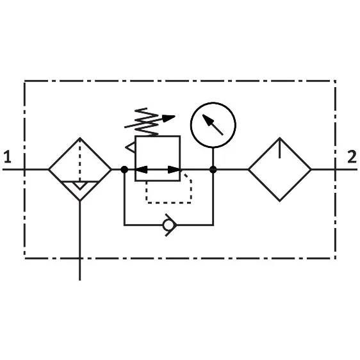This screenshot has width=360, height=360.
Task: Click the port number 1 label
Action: point(8,156)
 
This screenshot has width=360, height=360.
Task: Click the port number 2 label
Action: point(352,156)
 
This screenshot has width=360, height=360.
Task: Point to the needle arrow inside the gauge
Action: point(213,125)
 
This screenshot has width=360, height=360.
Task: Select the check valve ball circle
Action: point(168,225)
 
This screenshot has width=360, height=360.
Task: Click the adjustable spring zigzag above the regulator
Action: point(147,122)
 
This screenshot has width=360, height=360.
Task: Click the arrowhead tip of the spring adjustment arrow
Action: point(175,116)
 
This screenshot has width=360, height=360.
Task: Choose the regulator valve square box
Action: point(135,158)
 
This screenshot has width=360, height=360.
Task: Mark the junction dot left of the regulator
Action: point(124,170)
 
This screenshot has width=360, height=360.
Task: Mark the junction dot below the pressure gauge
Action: point(213,170)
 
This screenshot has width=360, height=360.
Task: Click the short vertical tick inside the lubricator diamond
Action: point(280,149)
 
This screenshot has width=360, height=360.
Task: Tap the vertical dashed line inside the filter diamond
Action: point(79,161)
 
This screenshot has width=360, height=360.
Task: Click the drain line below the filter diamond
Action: point(79,241)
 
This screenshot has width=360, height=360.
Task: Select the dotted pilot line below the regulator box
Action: point(168,202)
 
